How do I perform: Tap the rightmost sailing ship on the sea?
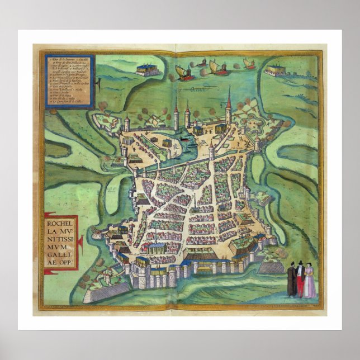[249, 64]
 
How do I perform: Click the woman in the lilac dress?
[309, 281]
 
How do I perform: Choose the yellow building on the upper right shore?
[276, 70]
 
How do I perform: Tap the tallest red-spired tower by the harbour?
[229, 106]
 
